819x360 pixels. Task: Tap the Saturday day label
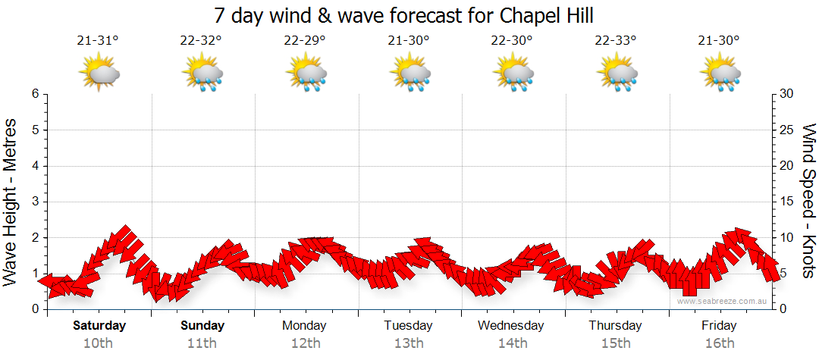[x=99, y=326]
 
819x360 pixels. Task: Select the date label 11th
[x=202, y=343]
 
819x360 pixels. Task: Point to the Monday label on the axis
[x=304, y=326]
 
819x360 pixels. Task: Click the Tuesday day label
[x=408, y=326]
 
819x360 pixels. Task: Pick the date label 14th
[x=513, y=343]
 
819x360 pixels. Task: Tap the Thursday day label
[x=615, y=326]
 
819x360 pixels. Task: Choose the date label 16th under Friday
[x=719, y=343]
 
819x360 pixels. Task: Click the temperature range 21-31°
[x=98, y=41]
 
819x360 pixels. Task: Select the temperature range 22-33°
[x=615, y=41]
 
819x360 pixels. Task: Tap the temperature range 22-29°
[x=305, y=41]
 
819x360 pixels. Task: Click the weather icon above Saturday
[x=99, y=74]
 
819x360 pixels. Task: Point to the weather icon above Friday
[x=720, y=74]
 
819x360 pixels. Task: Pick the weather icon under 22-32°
[x=202, y=74]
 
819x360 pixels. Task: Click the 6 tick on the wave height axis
[x=35, y=94]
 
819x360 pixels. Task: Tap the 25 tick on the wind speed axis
[x=786, y=130]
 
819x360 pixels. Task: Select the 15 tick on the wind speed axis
[x=786, y=202]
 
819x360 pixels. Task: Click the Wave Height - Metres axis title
[x=11, y=201]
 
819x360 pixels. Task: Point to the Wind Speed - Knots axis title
[x=807, y=201]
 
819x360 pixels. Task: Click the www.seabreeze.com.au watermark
[x=723, y=302]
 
